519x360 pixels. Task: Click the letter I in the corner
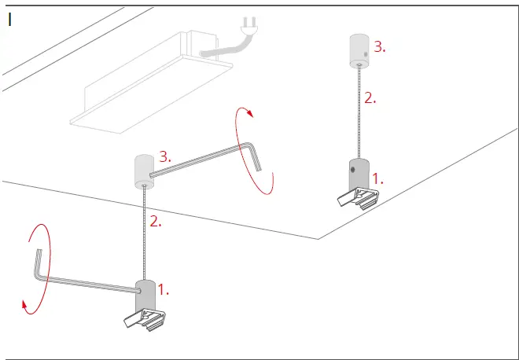9,20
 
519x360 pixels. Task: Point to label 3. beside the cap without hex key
379,47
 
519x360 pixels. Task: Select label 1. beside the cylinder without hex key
377,178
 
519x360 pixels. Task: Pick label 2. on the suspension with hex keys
155,222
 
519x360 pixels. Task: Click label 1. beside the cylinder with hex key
164,289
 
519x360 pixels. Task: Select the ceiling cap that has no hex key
360,51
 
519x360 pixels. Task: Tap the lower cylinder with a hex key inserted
145,295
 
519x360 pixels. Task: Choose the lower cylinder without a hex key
358,174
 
